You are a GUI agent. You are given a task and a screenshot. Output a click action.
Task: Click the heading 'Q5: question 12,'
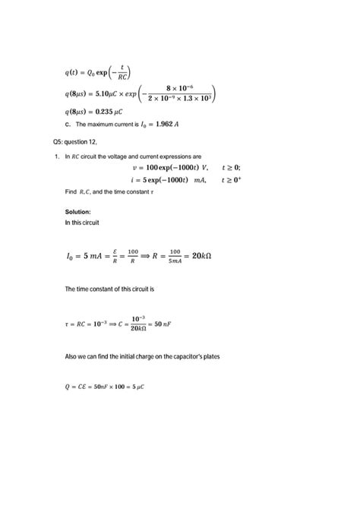(75, 142)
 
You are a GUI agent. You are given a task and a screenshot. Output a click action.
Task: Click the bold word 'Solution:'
(78, 211)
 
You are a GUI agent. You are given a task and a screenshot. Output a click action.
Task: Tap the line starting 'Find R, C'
(109, 192)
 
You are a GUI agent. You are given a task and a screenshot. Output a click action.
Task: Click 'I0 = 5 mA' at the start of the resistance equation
(85, 257)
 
